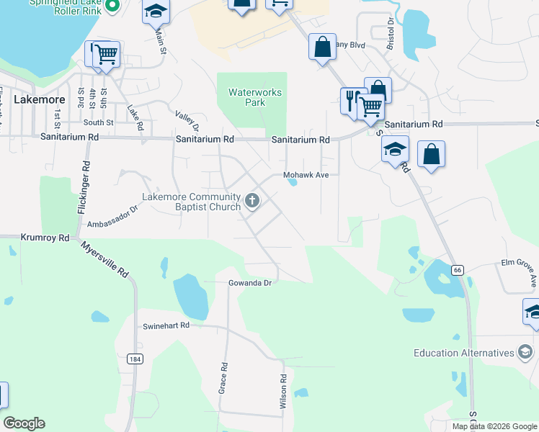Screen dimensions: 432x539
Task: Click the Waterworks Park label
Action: coord(245,97)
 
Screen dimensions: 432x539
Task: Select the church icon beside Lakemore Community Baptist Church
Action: coord(252,200)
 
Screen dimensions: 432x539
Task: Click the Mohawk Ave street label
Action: coord(306,174)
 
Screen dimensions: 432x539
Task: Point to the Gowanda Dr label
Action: coord(249,283)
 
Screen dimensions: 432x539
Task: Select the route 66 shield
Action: coord(457,269)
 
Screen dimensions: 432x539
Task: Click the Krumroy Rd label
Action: coord(45,237)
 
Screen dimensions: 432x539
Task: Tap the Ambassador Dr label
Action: coord(112,217)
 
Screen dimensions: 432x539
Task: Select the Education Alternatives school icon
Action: coord(525,352)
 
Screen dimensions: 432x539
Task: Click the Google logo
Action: coord(24,423)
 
